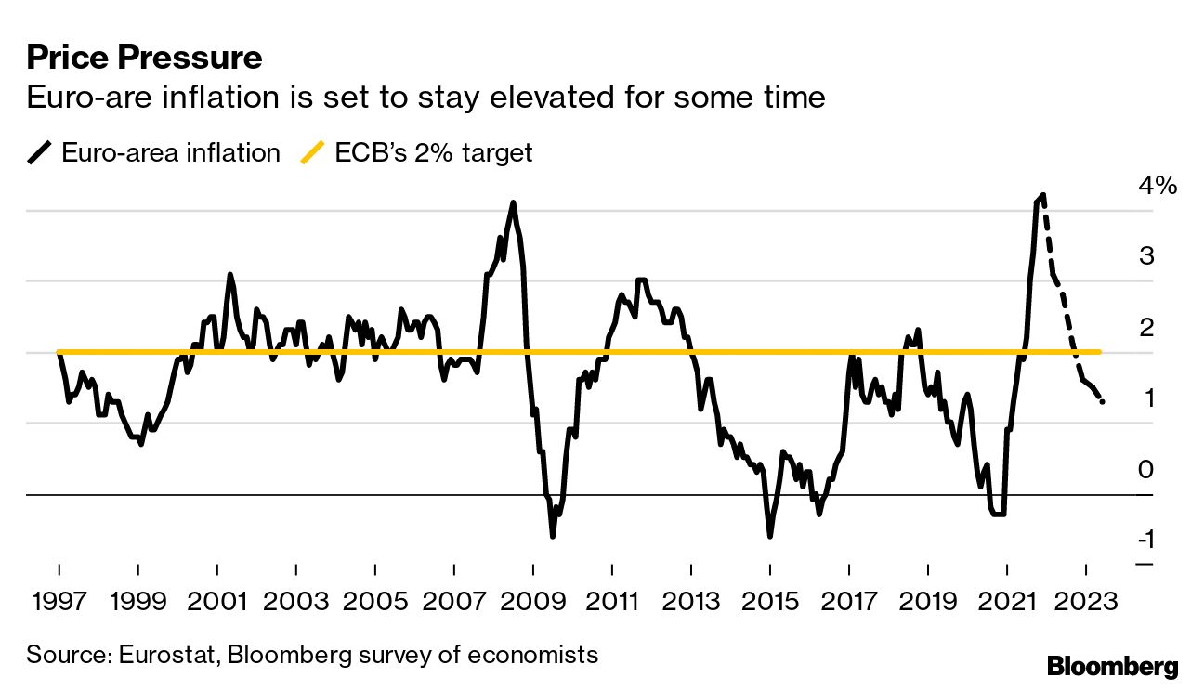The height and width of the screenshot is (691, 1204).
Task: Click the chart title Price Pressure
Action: coord(144,59)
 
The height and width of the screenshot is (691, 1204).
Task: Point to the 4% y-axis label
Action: coord(1157,185)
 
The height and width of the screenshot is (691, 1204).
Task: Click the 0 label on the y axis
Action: coord(1145,470)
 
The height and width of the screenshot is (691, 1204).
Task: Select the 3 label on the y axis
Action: coord(1145,255)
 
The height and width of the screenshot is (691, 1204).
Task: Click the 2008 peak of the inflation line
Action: coord(513,202)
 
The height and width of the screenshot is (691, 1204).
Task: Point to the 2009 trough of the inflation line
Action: coord(552,536)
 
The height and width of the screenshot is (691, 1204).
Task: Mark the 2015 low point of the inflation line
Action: coord(769,535)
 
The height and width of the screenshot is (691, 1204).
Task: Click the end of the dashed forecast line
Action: coord(1103,401)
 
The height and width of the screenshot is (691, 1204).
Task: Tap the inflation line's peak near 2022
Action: coord(1043,196)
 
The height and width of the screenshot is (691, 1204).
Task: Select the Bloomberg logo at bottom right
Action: coord(1112,666)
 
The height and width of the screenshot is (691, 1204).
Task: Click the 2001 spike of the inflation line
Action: coord(230,275)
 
